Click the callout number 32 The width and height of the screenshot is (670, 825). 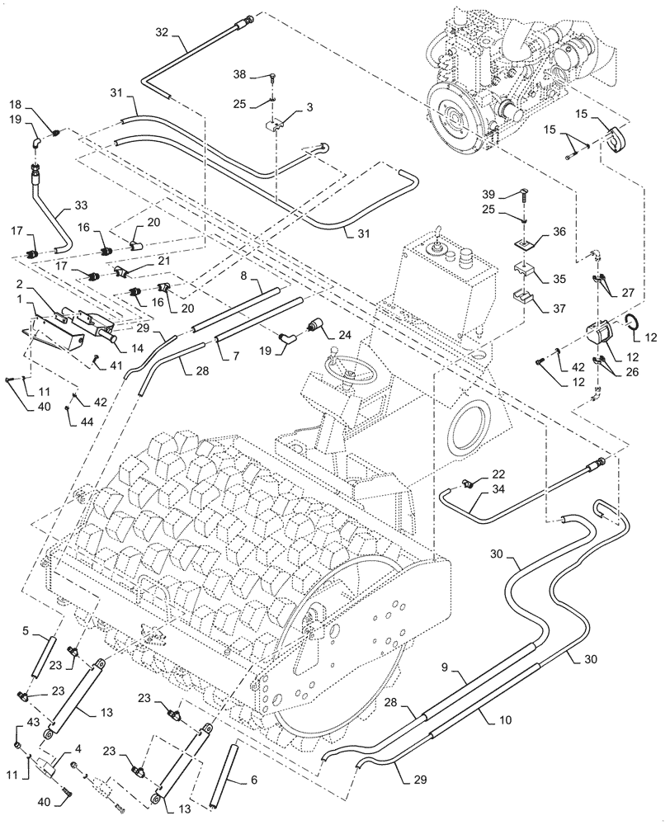[162, 31]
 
